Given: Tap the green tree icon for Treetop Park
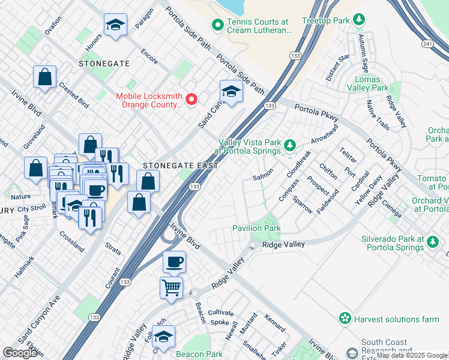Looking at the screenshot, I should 359,20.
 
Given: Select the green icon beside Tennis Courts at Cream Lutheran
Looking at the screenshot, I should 217,25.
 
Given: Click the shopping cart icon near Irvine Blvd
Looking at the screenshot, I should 172,287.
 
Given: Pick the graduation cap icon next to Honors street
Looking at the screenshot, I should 115,25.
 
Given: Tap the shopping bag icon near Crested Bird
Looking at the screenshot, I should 44,77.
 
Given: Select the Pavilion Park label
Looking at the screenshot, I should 256,229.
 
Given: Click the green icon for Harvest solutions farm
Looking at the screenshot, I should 345,318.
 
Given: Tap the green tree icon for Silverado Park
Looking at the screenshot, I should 433,243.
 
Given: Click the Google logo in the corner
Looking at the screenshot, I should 21,353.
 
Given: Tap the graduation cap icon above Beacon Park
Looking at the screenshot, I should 163,337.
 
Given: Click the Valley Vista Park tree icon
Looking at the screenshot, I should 290,145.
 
